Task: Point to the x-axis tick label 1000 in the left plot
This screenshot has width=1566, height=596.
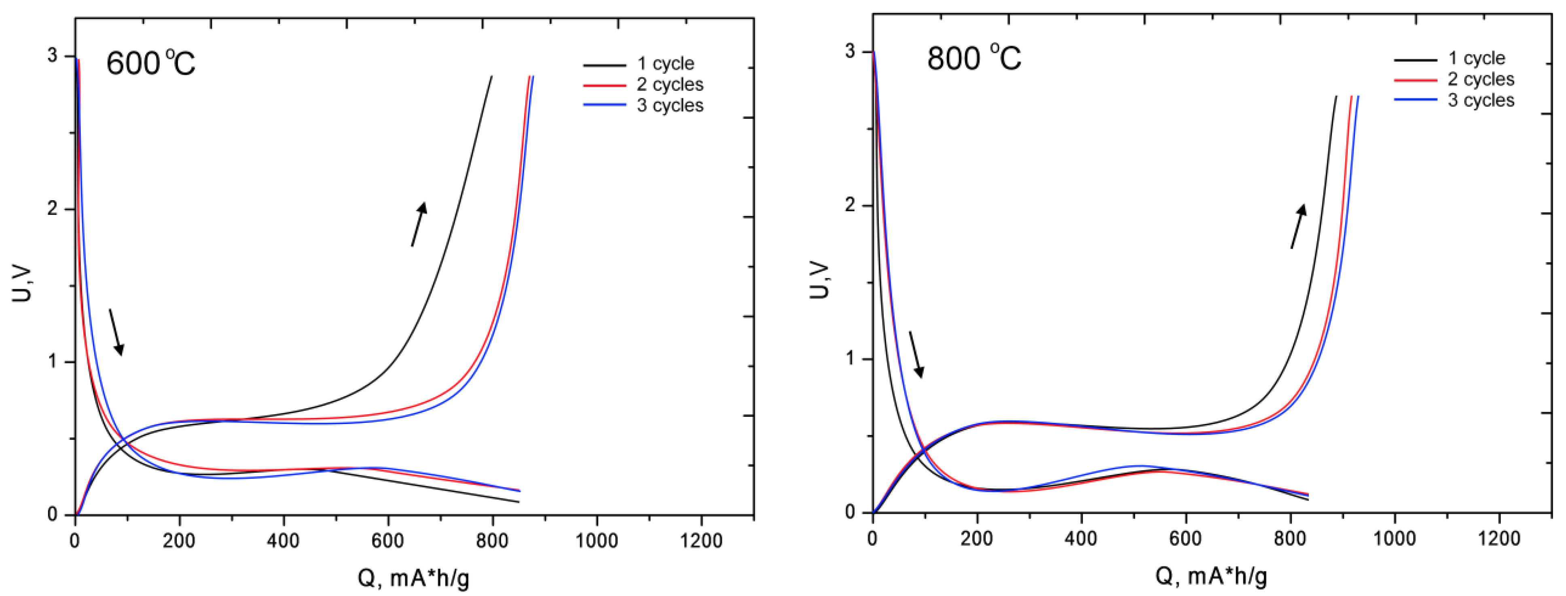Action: pyautogui.click(x=597, y=541)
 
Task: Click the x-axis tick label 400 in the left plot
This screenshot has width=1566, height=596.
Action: pyautogui.click(x=283, y=541)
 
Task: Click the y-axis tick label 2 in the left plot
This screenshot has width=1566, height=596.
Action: pyautogui.click(x=52, y=209)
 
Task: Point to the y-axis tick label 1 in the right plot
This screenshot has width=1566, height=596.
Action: pyautogui.click(x=850, y=358)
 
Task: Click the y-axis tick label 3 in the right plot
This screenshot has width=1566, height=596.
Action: pyautogui.click(x=850, y=51)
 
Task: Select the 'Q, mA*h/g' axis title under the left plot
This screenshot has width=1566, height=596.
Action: pyautogui.click(x=413, y=578)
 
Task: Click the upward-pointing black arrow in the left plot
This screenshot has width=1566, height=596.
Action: pyautogui.click(x=419, y=224)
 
